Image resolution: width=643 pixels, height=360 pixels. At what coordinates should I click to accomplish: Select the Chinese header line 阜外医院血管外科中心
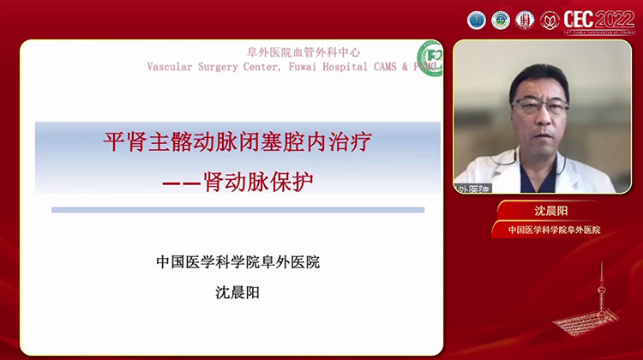(293, 52)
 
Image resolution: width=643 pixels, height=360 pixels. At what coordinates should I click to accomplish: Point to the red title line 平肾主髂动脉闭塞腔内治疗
(237, 142)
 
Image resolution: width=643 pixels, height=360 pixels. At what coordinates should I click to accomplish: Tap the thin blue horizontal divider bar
(237, 209)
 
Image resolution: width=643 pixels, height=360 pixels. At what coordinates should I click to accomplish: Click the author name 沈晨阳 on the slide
(237, 291)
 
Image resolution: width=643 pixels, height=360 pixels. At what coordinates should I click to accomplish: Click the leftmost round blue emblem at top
(477, 20)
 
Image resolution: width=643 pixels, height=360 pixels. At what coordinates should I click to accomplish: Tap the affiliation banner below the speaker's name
(554, 230)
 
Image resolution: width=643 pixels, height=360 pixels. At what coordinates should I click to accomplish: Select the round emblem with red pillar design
(526, 20)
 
